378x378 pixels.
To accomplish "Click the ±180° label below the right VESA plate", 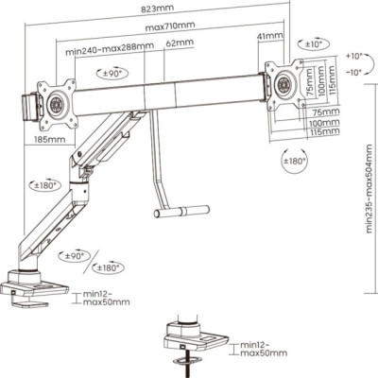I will coord(294,161).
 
